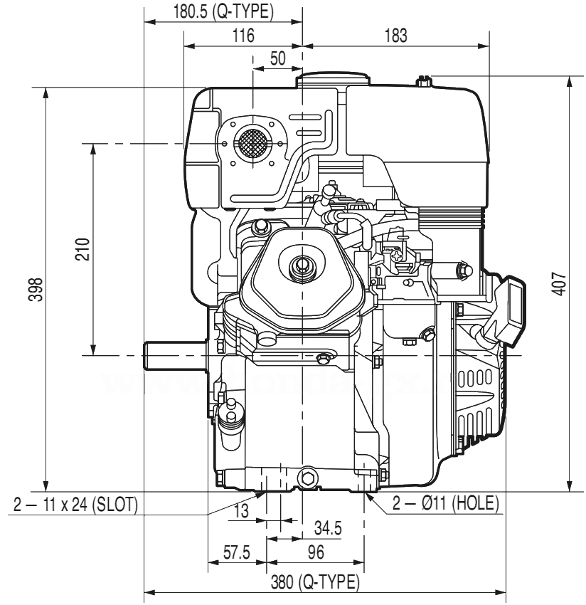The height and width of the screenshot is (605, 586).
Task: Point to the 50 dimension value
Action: coord(277,59)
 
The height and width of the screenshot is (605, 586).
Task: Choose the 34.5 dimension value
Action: coord(328,528)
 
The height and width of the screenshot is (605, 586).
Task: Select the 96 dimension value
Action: coord(316,552)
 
